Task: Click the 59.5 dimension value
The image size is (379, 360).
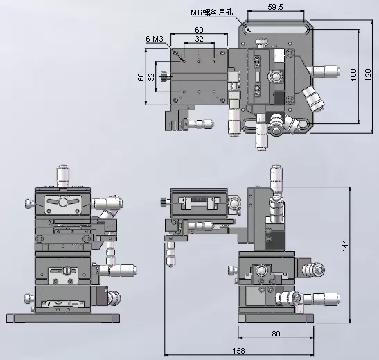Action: pyautogui.click(x=275, y=7)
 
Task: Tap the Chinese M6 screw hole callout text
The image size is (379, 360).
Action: pyautogui.click(x=212, y=12)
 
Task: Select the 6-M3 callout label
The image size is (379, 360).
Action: pyautogui.click(x=155, y=39)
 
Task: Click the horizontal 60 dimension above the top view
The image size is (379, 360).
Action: pyautogui.click(x=199, y=30)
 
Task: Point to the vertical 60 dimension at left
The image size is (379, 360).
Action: pyautogui.click(x=141, y=77)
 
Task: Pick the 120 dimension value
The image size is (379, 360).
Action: pyautogui.click(x=368, y=75)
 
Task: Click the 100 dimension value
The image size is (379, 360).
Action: pyautogui.click(x=353, y=75)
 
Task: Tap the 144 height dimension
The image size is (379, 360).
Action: pyautogui.click(x=345, y=246)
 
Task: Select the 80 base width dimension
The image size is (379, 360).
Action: pyautogui.click(x=276, y=334)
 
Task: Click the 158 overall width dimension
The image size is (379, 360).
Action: pyautogui.click(x=238, y=351)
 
